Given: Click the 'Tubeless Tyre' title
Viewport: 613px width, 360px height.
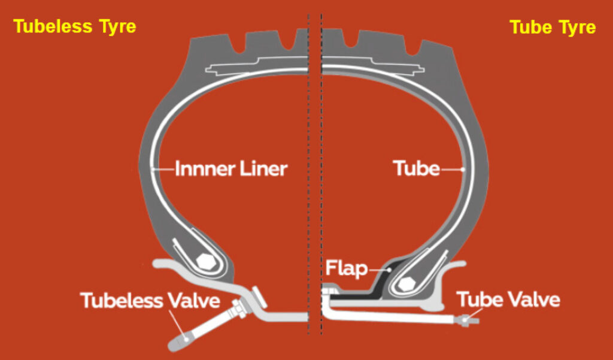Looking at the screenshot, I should tap(75, 26).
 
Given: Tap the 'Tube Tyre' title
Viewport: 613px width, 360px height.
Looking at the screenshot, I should tap(552, 27).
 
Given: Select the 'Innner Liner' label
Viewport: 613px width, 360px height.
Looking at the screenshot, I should tap(231, 169).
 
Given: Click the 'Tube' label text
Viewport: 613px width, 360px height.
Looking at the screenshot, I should tap(416, 169).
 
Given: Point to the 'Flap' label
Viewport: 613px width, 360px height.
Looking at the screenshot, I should tap(346, 269).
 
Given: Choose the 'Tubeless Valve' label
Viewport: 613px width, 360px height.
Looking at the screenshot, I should tap(150, 300).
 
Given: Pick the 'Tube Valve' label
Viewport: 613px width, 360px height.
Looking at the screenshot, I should tap(508, 299).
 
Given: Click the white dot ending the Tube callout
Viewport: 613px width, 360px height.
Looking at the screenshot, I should tap(463, 169).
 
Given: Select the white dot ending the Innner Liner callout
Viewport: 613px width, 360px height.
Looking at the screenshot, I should tap(154, 169).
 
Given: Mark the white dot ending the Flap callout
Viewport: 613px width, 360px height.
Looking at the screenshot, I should tap(390, 270).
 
